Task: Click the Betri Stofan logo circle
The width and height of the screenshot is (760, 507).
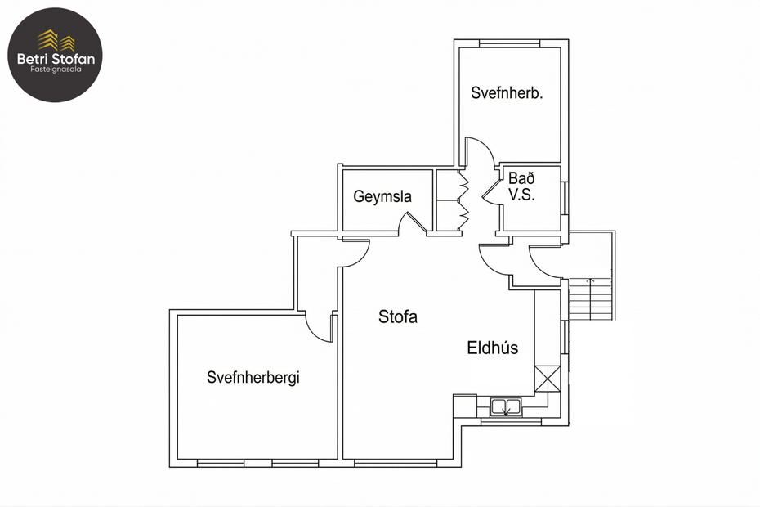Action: click(x=55, y=55)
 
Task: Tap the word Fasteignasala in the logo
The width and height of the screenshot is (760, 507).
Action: click(x=55, y=70)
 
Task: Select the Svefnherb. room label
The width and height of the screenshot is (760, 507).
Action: click(x=507, y=93)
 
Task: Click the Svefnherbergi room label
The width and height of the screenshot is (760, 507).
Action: click(x=253, y=377)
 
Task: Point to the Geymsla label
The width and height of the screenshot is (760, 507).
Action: click(x=382, y=197)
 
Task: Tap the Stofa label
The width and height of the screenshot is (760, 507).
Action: click(x=398, y=317)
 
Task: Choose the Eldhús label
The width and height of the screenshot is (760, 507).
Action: click(x=492, y=348)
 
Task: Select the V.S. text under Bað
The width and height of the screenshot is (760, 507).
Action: click(x=521, y=196)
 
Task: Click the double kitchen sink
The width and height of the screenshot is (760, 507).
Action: click(x=507, y=406)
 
